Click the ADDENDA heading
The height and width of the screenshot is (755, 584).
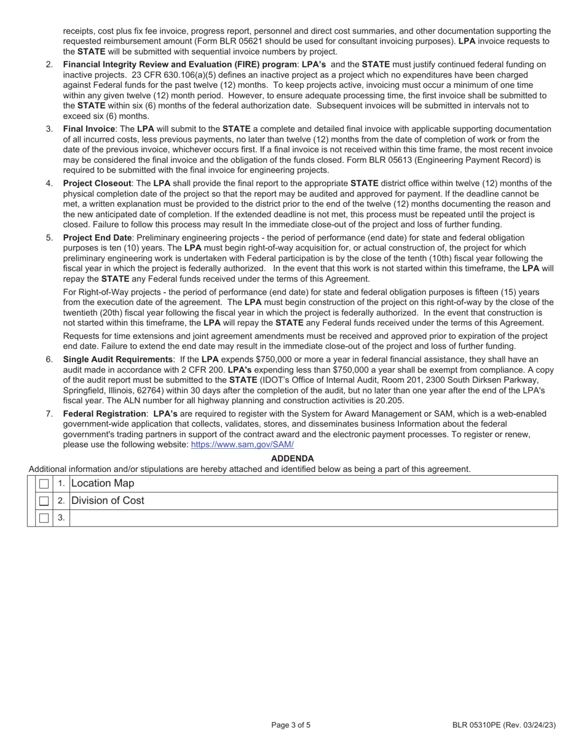pyautogui.click(x=292, y=459)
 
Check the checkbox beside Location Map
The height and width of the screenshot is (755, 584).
pyautogui.click(x=44, y=484)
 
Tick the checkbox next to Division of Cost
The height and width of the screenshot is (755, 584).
pyautogui.click(x=44, y=501)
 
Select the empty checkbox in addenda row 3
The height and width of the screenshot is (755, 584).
pyautogui.click(x=44, y=518)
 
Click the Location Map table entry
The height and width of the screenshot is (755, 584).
pyautogui.click(x=102, y=484)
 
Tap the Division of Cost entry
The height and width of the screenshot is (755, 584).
pyautogui.click(x=108, y=501)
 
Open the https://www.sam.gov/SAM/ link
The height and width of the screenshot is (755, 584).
pyautogui.click(x=242, y=444)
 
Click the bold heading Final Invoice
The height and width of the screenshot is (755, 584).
pyautogui.click(x=89, y=129)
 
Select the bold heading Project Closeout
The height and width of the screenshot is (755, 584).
pyautogui.click(x=97, y=183)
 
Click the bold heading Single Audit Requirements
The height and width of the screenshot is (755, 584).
pyautogui.click(x=117, y=359)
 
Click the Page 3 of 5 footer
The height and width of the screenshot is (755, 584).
pyautogui.click(x=291, y=725)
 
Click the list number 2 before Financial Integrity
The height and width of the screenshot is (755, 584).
pyautogui.click(x=49, y=64)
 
